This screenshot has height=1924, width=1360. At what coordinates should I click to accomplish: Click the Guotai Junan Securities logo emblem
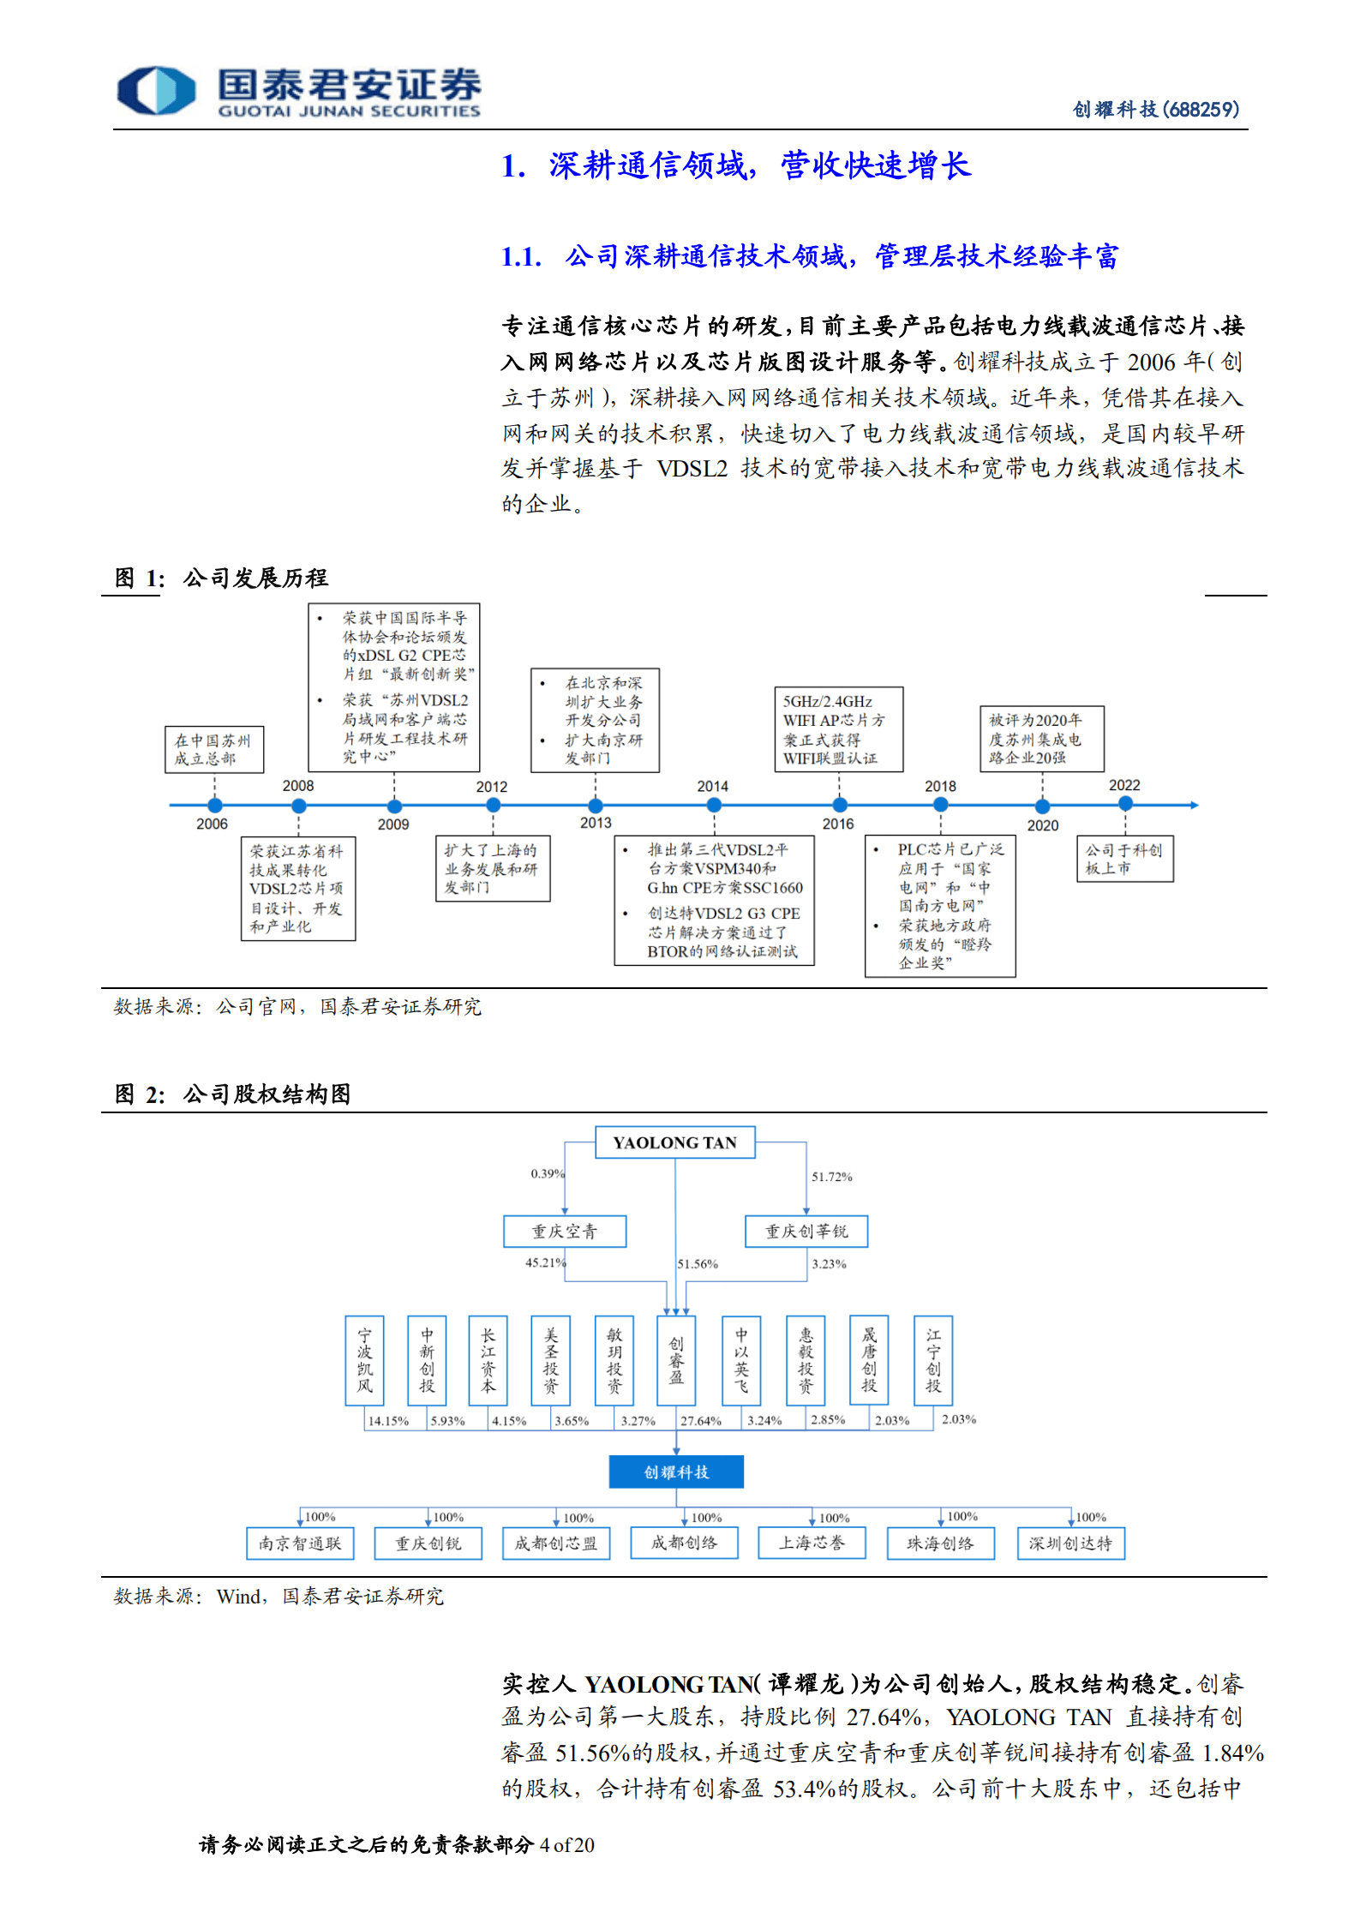click(156, 90)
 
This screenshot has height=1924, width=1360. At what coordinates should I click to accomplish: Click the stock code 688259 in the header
click(1201, 110)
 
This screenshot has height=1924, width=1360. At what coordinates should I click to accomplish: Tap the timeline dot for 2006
click(214, 805)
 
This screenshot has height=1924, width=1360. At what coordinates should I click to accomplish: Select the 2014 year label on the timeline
click(712, 786)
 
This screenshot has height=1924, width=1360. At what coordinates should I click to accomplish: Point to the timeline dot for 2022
click(1125, 804)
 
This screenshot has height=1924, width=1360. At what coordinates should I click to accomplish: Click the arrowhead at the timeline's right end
click(1194, 805)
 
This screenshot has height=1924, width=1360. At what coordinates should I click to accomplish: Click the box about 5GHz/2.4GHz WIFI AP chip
click(838, 729)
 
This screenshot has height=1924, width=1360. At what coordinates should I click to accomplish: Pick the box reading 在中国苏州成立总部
click(213, 750)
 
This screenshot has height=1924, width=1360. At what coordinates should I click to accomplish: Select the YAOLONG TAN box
click(674, 1142)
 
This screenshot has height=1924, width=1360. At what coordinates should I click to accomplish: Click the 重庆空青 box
click(565, 1232)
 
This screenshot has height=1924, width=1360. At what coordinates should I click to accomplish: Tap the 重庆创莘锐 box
click(806, 1232)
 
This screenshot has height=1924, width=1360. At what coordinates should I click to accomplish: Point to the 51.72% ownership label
click(831, 1177)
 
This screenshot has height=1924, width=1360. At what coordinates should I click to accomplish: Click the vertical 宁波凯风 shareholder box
click(364, 1361)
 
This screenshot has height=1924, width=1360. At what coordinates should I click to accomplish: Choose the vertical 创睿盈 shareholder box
click(676, 1361)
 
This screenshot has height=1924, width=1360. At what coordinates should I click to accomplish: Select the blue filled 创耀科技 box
click(676, 1471)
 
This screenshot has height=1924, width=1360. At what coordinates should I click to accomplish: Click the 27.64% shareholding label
click(701, 1421)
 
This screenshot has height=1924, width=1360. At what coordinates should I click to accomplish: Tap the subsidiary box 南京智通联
click(300, 1543)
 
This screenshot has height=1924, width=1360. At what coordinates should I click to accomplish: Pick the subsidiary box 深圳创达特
click(1070, 1543)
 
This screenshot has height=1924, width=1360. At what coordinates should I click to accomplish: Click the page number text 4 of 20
click(566, 1845)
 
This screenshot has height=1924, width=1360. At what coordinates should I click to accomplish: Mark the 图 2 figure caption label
click(140, 1094)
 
